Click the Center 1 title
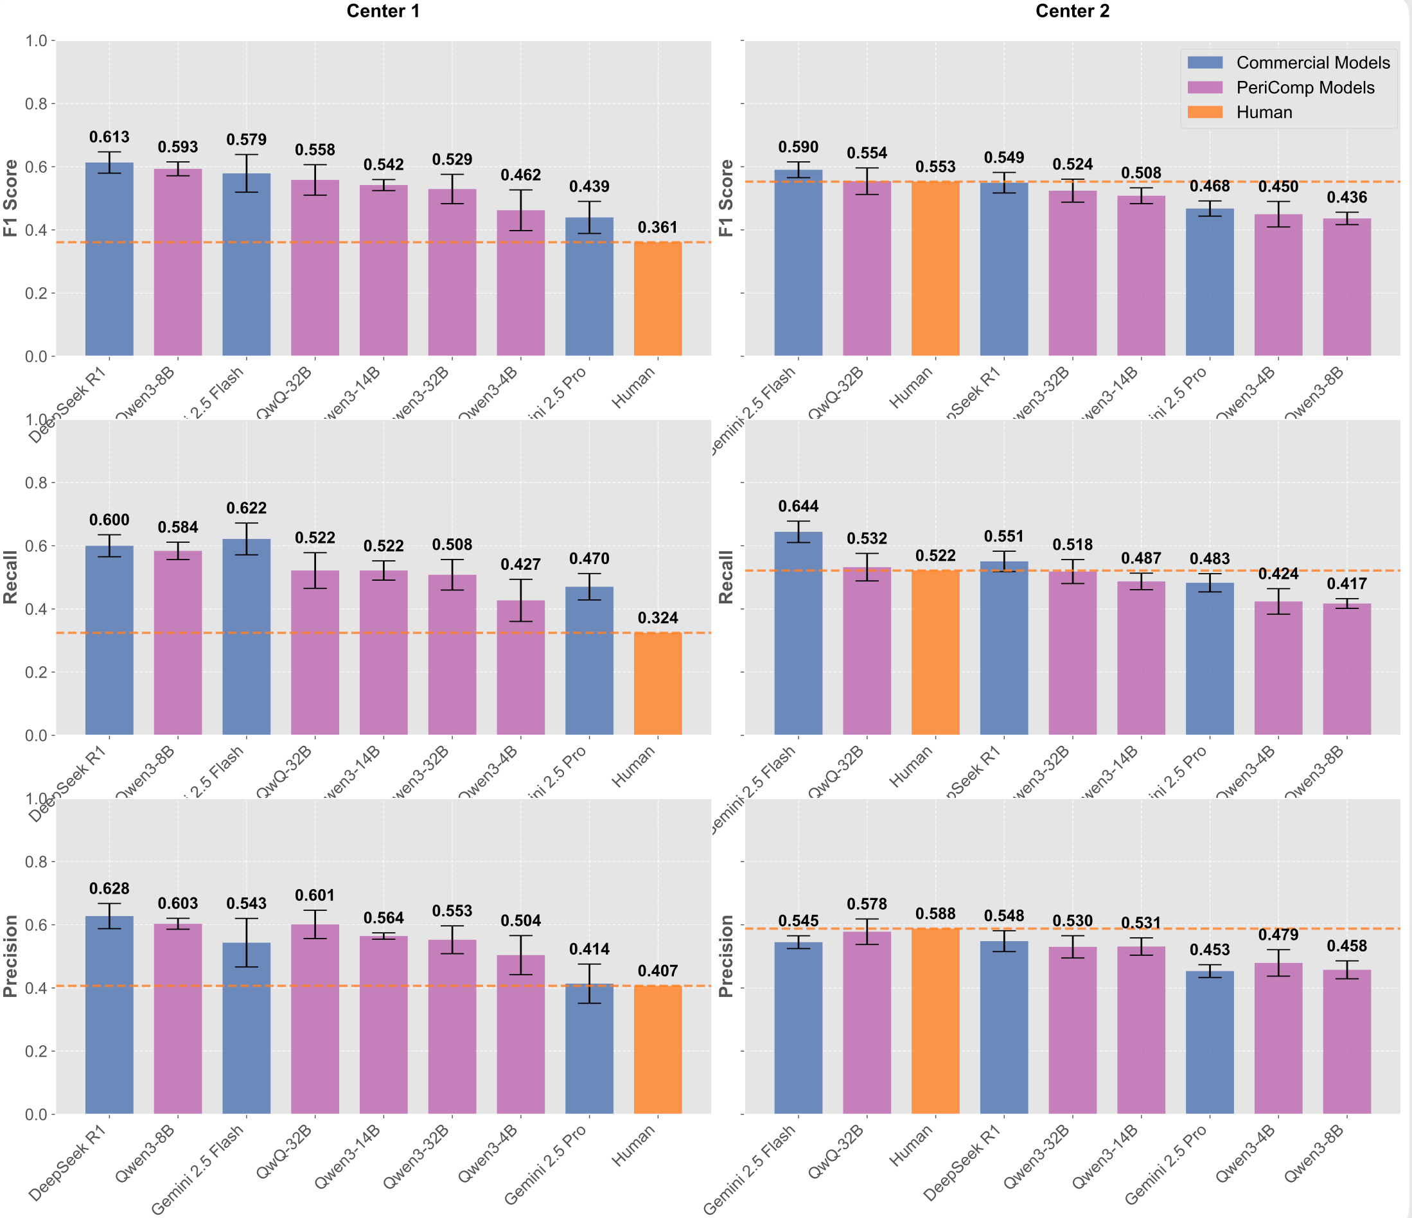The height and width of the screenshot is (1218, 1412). [x=383, y=12]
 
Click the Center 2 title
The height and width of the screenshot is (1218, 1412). [x=1072, y=12]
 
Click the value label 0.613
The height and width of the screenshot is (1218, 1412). [x=109, y=137]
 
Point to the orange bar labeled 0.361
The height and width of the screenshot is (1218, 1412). [x=658, y=300]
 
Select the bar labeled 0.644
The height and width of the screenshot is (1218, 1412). [x=798, y=634]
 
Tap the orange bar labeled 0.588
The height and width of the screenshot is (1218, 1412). [x=935, y=1022]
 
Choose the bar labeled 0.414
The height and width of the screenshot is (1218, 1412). [x=589, y=1050]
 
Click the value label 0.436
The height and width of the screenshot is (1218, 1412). [x=1346, y=198]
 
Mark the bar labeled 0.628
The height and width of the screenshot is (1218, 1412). [x=109, y=1016]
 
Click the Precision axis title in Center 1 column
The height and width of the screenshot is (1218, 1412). [x=10, y=956]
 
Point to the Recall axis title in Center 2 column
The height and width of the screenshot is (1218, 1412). [x=727, y=577]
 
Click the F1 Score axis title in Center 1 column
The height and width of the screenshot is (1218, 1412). [x=10, y=198]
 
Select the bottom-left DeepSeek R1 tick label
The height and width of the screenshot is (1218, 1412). [x=68, y=1163]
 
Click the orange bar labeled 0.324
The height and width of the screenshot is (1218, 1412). [x=658, y=684]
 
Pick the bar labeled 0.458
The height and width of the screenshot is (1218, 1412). [x=1346, y=1043]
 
